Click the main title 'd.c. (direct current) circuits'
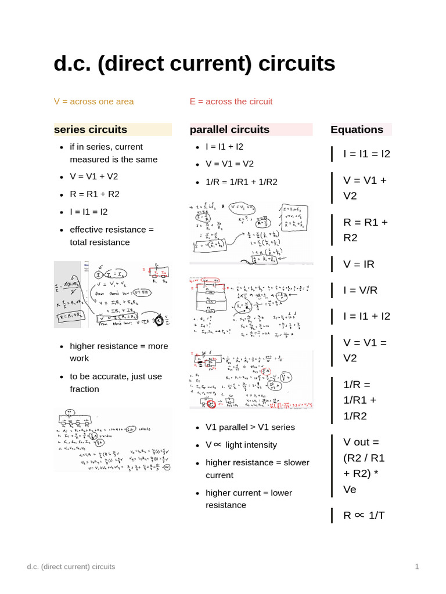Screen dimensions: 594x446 (x=194, y=64)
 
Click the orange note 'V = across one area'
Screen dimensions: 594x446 (x=93, y=102)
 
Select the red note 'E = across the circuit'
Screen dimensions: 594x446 (x=231, y=102)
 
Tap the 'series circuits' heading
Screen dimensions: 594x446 (x=91, y=129)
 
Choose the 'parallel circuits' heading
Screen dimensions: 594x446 (x=229, y=129)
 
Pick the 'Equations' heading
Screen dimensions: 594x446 (x=357, y=129)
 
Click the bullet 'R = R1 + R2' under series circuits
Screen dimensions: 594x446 (x=94, y=194)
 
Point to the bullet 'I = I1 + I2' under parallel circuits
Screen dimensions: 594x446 (x=224, y=146)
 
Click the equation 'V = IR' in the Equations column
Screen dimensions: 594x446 (x=359, y=264)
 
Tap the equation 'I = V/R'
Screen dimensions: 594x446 (x=360, y=290)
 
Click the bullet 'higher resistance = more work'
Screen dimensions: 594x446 (x=118, y=352)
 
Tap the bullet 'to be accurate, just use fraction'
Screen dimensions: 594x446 (x=116, y=382)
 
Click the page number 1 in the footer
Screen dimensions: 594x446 (x=417, y=567)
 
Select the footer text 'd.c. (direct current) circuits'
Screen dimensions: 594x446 (x=71, y=567)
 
